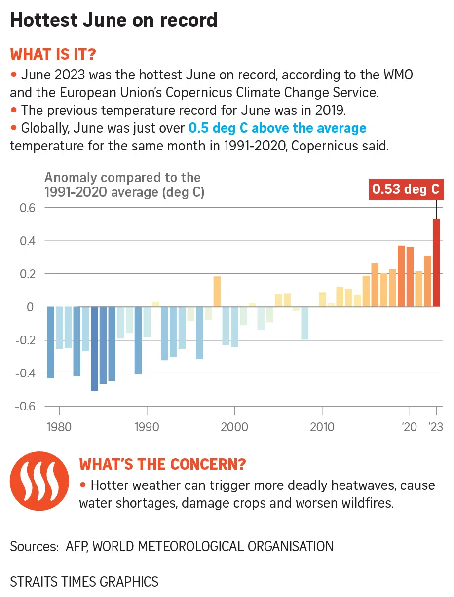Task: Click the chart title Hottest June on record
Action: (x=113, y=20)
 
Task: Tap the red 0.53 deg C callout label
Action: (x=405, y=189)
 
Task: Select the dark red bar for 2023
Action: (x=436, y=262)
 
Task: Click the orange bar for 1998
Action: (x=217, y=292)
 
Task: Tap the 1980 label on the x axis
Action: (x=59, y=427)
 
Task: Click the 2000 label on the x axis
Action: (x=234, y=427)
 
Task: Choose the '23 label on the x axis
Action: (x=435, y=427)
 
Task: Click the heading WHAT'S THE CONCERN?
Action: (x=163, y=464)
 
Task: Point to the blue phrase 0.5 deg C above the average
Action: (x=277, y=129)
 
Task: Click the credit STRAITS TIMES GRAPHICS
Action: (x=84, y=582)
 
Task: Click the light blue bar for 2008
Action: (x=304, y=323)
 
